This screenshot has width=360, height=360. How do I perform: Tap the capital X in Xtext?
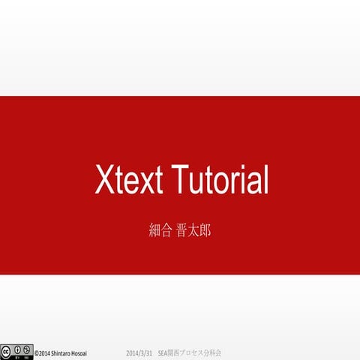pos(103,181)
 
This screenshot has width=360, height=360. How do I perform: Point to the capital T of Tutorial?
pos(180,181)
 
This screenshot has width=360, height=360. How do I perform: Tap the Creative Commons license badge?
pos(16,351)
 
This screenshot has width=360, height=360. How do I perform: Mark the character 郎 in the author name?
pos(204,230)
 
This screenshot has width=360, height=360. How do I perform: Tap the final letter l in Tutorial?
pos(265,181)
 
